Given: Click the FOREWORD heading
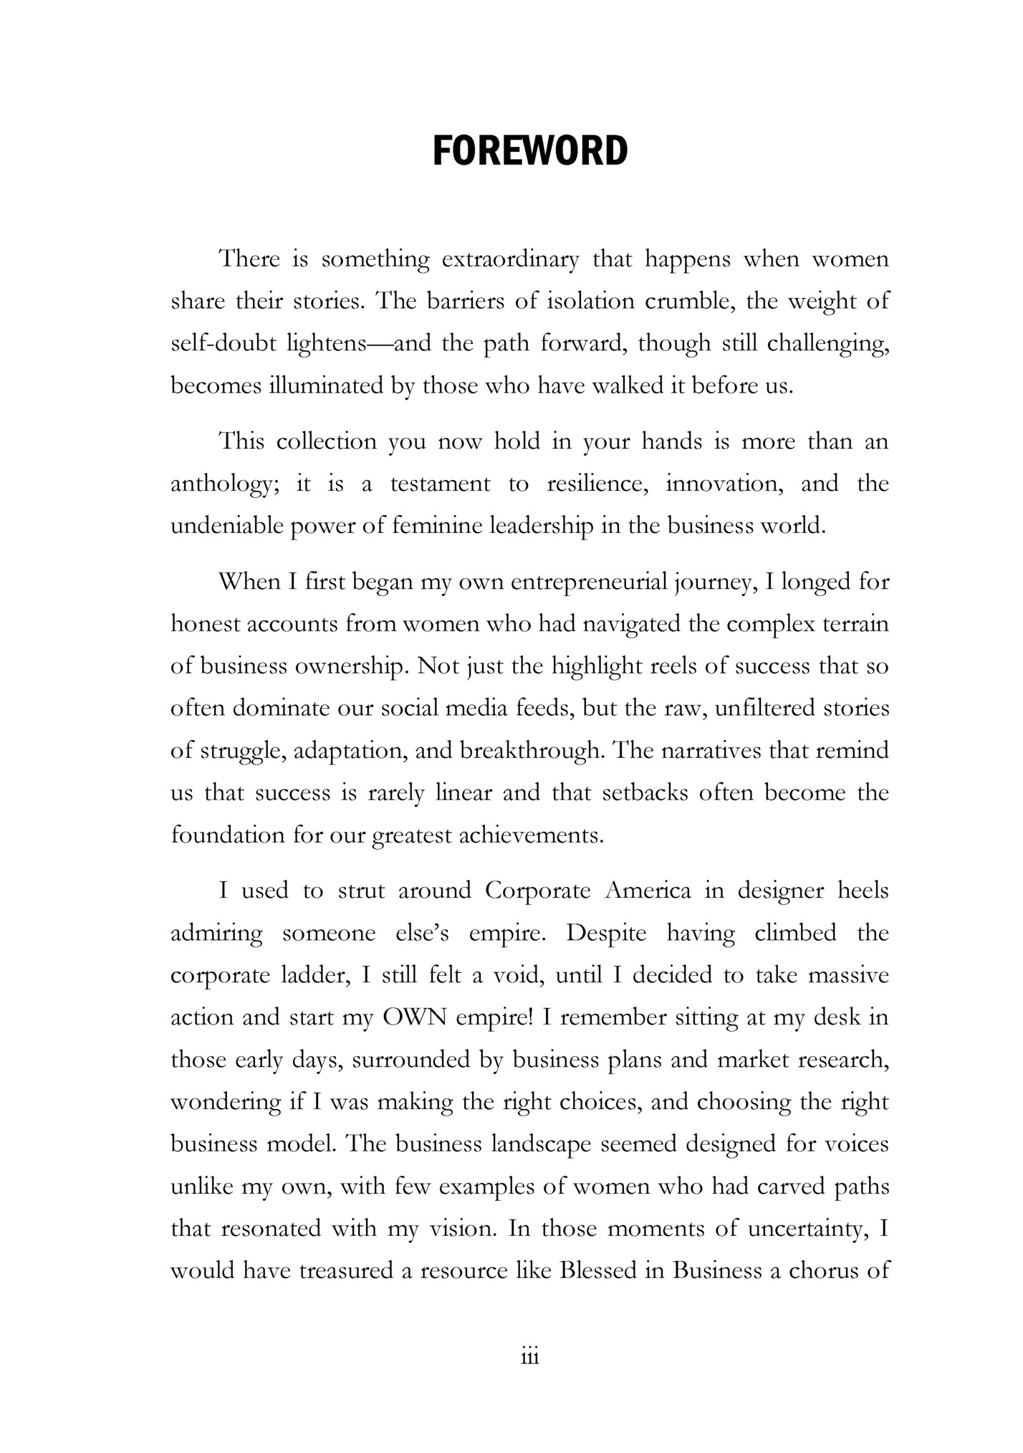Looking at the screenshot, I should [x=530, y=151].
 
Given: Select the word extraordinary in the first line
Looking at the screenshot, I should [x=510, y=259].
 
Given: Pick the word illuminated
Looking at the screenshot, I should [x=326, y=386].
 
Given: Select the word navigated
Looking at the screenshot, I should [x=630, y=624].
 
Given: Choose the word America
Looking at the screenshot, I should [x=648, y=891].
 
